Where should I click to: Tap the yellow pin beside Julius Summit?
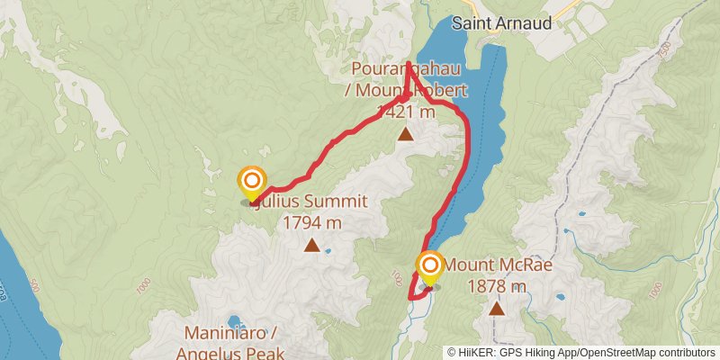(251, 184)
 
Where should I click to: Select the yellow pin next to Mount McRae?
(430, 266)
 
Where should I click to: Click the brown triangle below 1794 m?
(311, 245)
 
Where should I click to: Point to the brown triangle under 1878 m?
(496, 309)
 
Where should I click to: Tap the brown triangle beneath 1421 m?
(406, 135)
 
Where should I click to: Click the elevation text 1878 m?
(497, 287)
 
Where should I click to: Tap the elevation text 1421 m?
(406, 112)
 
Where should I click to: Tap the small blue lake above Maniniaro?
(236, 320)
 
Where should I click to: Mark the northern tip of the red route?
(408, 64)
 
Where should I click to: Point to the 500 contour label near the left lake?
(34, 287)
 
